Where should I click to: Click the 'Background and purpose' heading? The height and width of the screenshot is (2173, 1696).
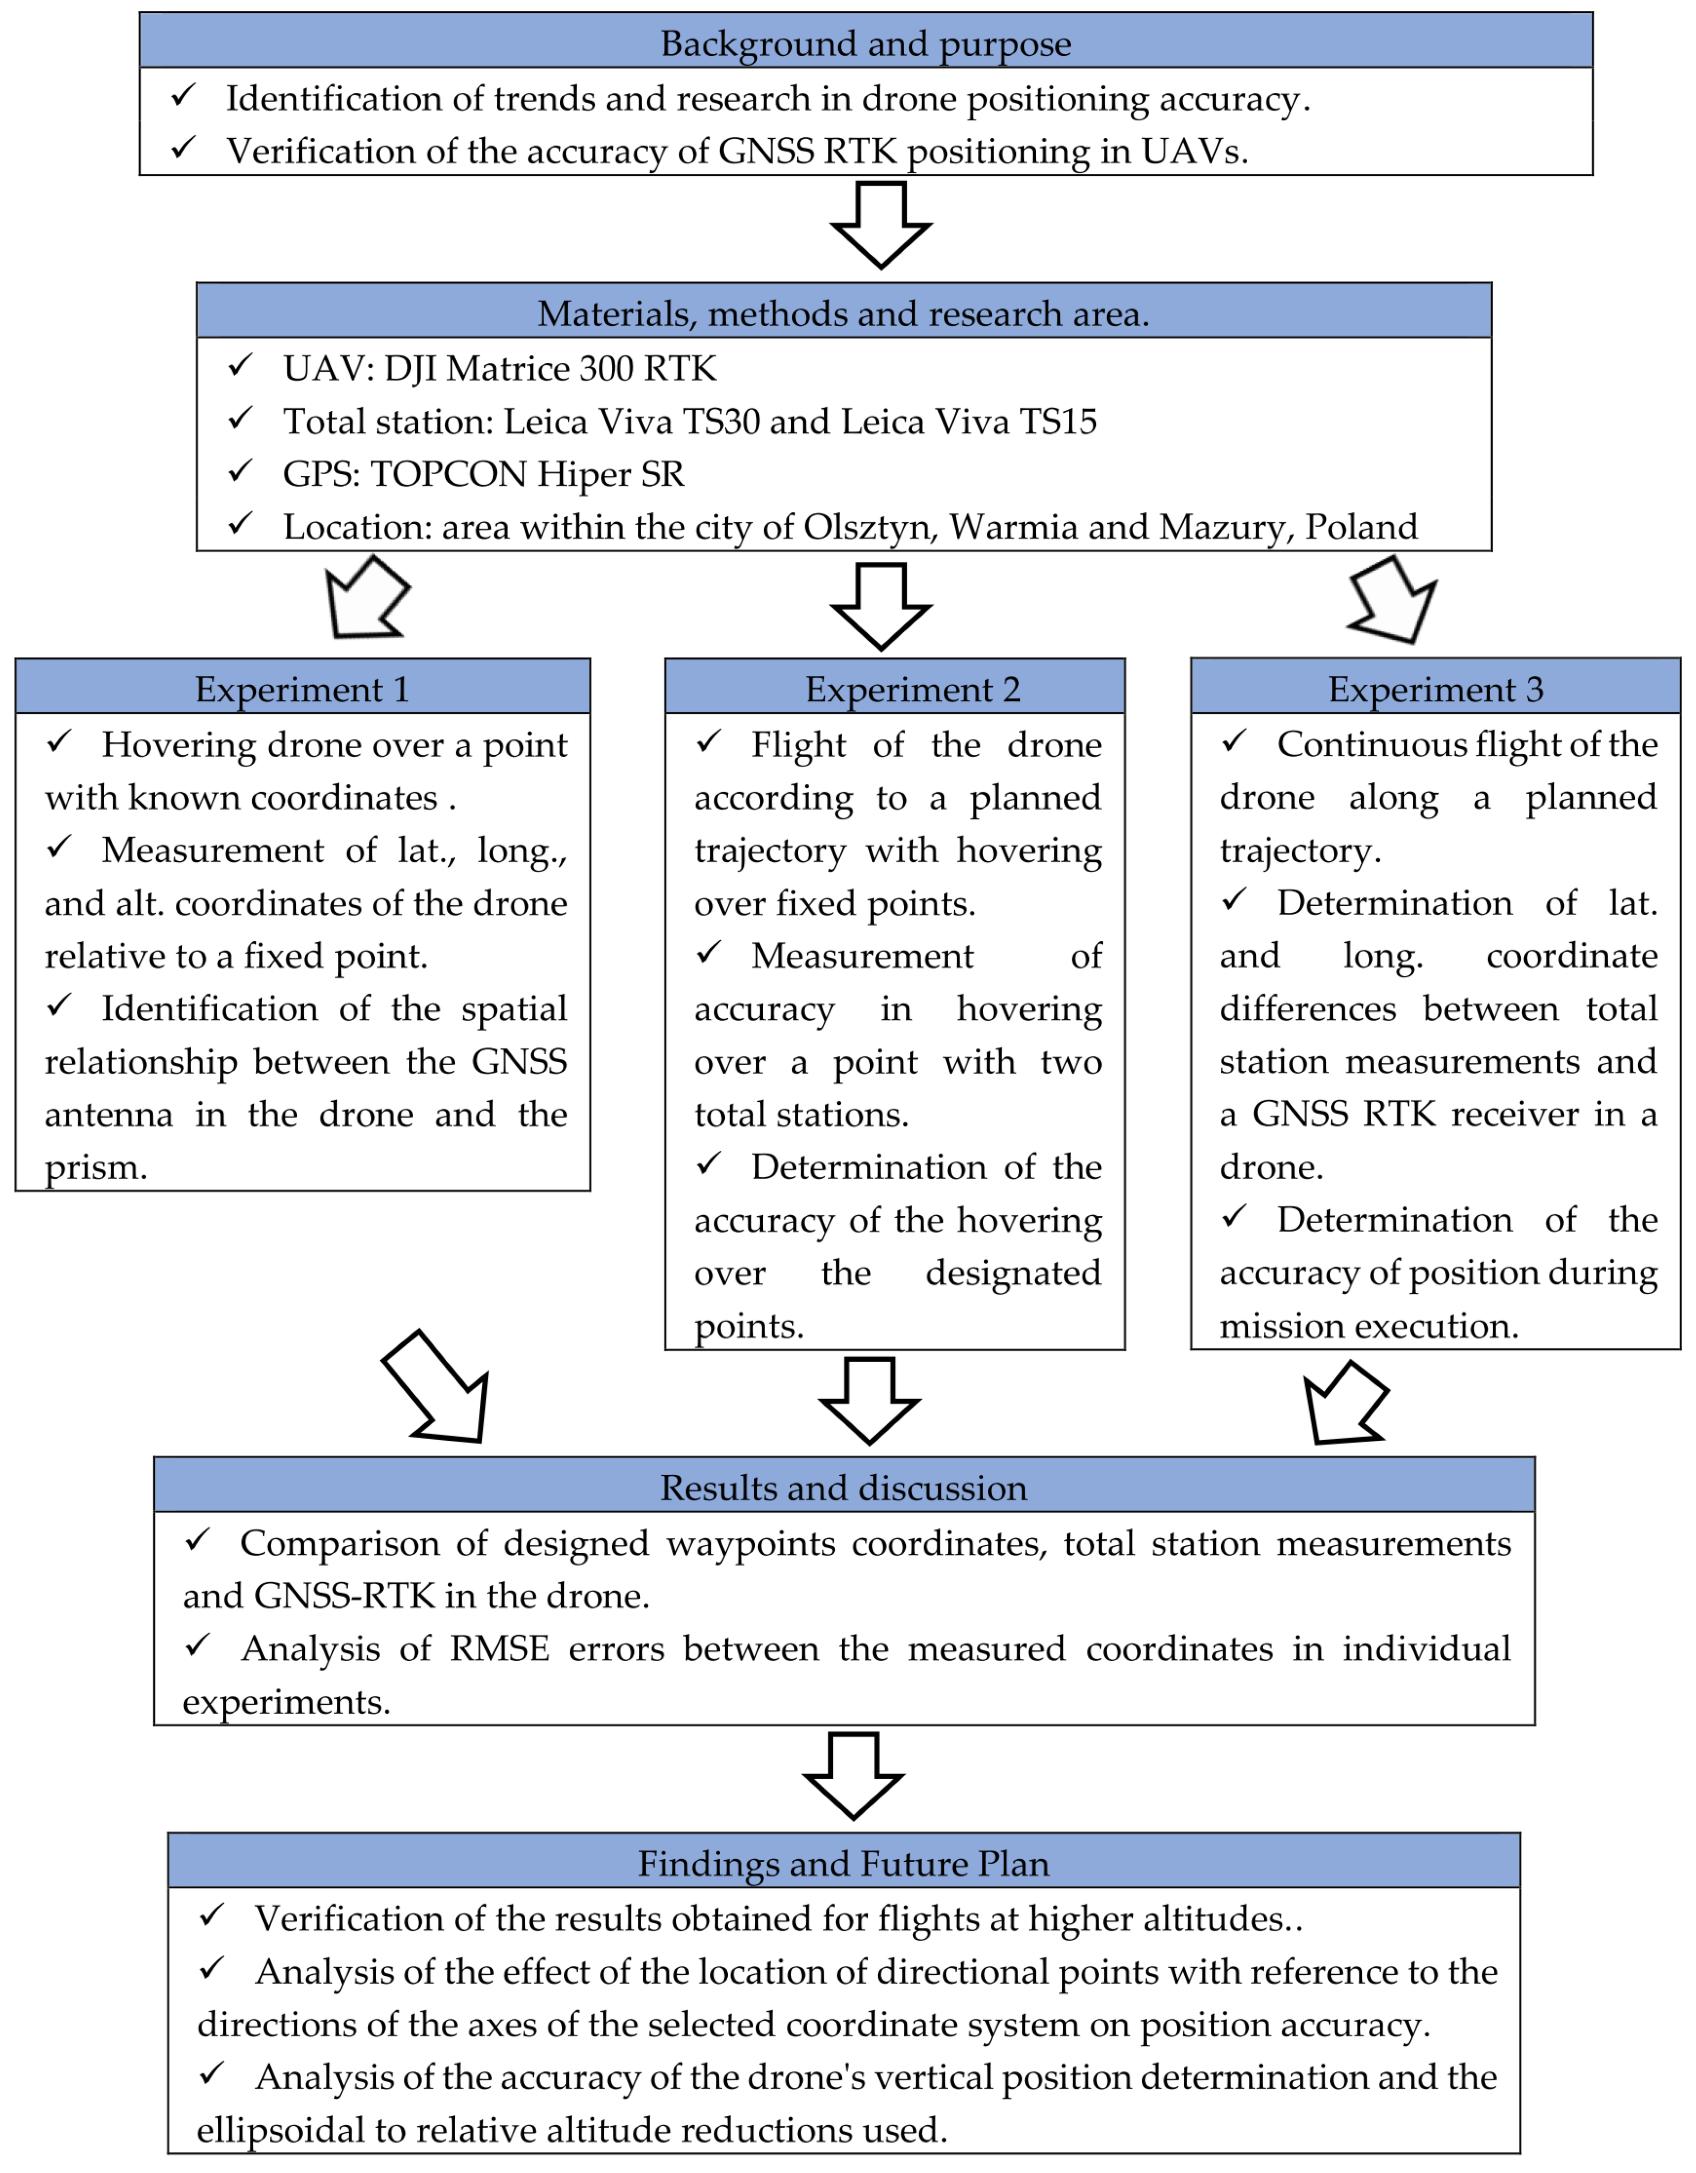866,44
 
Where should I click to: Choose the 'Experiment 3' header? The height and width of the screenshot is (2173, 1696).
1436,688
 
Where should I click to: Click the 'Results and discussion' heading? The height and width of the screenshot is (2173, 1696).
843,1488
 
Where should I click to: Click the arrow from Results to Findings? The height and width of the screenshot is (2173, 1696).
854,1776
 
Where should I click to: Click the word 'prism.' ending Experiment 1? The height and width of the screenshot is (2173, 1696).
95,1167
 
